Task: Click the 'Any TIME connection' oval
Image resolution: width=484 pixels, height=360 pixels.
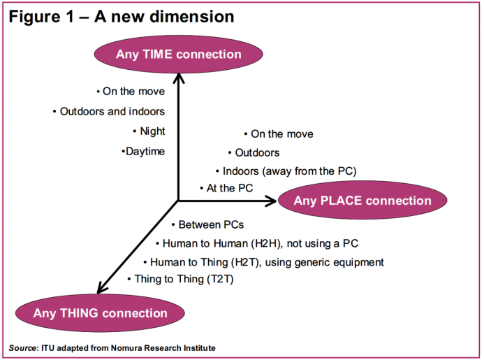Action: [x=179, y=55]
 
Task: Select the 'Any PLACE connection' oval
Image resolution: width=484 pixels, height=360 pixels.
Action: [x=362, y=201]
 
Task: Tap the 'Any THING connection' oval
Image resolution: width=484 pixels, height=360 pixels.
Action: [x=100, y=313]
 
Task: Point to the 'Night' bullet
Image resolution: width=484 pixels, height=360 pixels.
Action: [x=152, y=131]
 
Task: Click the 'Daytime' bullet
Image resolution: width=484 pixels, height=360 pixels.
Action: [x=145, y=151]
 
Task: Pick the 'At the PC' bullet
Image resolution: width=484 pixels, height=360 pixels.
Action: [x=229, y=188]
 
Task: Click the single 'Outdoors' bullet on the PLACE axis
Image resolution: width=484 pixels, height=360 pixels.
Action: [x=256, y=152]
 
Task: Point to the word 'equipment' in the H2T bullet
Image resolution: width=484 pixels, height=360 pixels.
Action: [x=359, y=262]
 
